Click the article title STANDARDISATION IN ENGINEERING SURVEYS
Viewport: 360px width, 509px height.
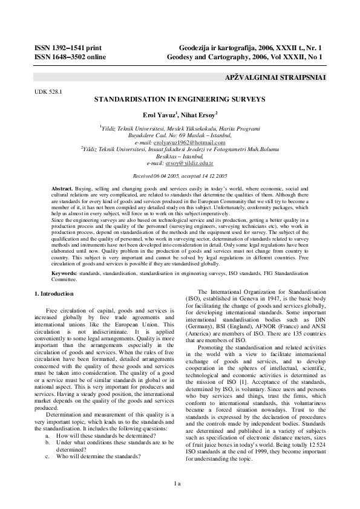(x=180, y=97)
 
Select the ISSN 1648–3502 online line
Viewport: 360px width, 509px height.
(x=70, y=57)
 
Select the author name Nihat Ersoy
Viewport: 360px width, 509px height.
(x=201, y=114)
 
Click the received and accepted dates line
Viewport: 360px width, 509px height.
(x=180, y=174)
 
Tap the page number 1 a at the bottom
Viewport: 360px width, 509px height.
(x=180, y=484)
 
